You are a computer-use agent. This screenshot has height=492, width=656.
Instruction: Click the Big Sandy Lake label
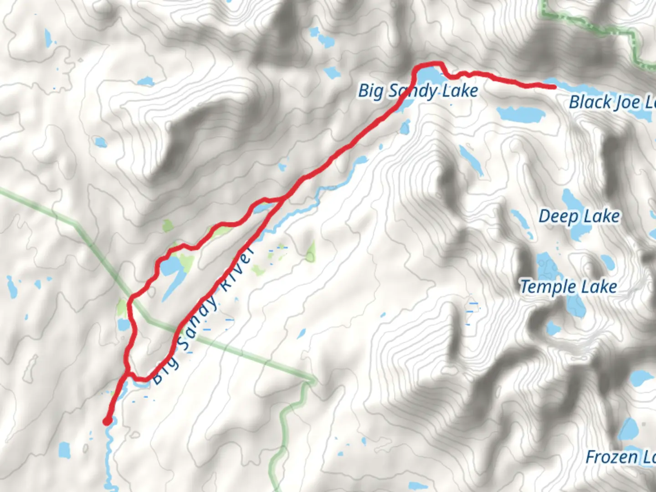tap(418, 91)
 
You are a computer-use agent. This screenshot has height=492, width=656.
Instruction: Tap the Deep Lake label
tap(579, 216)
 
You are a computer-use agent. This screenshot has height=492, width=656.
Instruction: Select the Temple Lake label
tap(569, 287)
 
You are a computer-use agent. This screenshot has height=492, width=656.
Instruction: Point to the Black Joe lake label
tap(613, 102)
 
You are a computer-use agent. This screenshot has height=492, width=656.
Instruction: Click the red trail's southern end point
tap(107, 421)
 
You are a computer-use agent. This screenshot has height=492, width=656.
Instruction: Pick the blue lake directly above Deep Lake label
tap(569, 199)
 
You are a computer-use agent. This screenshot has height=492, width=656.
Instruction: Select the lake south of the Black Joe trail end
tap(520, 113)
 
